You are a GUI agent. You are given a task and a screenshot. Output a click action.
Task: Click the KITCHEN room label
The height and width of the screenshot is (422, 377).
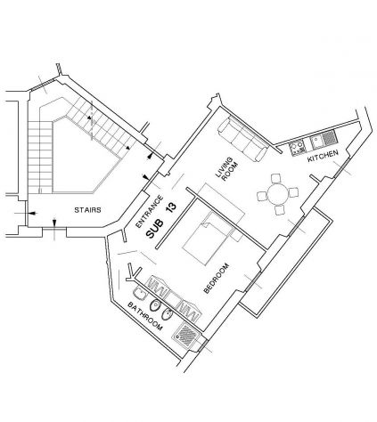(x=323, y=156)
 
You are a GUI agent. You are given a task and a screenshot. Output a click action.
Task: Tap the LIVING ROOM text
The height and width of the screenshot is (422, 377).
(x=227, y=168)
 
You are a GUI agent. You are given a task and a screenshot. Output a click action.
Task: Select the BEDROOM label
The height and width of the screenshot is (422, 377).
(x=217, y=279)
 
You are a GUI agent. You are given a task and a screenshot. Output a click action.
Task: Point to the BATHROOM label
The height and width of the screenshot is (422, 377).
(x=145, y=316)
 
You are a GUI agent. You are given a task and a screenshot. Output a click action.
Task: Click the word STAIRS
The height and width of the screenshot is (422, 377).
(x=87, y=210)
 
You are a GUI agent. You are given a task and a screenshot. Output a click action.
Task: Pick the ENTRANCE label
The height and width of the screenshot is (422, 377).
(x=150, y=211)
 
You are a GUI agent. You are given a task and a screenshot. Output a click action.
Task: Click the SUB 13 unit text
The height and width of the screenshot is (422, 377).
(x=161, y=220)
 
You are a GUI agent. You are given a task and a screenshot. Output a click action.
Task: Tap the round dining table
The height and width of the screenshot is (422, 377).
(x=278, y=194)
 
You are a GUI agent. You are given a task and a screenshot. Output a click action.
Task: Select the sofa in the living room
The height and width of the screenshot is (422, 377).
(x=242, y=139)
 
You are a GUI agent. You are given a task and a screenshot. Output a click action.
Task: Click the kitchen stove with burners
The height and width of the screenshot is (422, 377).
(x=298, y=148)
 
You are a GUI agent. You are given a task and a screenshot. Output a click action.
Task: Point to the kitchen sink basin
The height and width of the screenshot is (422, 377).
(x=316, y=142)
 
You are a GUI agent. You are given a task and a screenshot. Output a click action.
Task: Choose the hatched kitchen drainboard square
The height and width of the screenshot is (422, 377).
(x=329, y=138)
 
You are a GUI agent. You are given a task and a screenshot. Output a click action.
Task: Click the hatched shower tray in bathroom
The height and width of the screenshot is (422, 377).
(x=187, y=335)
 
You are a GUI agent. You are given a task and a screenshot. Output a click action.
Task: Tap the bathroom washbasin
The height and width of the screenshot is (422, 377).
(x=139, y=294)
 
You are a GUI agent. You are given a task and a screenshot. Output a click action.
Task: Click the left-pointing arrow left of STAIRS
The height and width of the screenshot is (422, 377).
(x=32, y=213)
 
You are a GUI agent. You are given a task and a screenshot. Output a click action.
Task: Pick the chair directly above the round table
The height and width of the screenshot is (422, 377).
(x=276, y=179)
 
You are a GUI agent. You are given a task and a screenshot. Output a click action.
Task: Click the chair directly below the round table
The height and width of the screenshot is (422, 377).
(x=280, y=209)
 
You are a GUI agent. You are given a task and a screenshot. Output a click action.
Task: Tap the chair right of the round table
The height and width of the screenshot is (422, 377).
(x=293, y=192)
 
